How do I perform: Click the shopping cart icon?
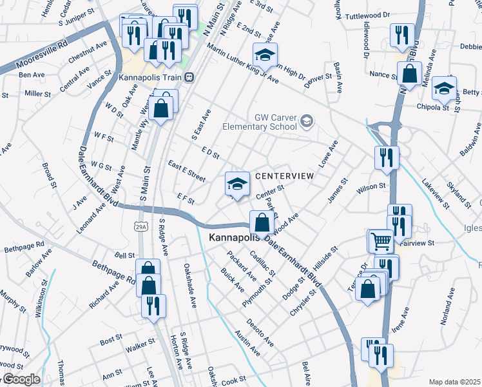pyautogui.click(x=381, y=241)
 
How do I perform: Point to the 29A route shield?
pyautogui.click(x=142, y=226)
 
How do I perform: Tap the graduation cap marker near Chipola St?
pyautogui.click(x=444, y=88)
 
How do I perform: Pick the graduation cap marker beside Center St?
pyautogui.click(x=237, y=184)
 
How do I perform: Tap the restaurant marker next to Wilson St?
pyautogui.click(x=387, y=157)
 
